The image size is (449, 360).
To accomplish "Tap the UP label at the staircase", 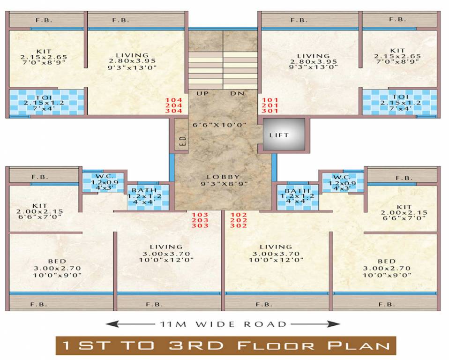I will point(202,94).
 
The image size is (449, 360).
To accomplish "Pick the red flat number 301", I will point(269,111).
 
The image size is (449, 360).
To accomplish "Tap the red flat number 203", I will point(200,220).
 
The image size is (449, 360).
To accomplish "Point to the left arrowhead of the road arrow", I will point(109,324).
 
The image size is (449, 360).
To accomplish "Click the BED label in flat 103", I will point(57,261).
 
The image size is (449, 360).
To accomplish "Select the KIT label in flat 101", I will point(397,50).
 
